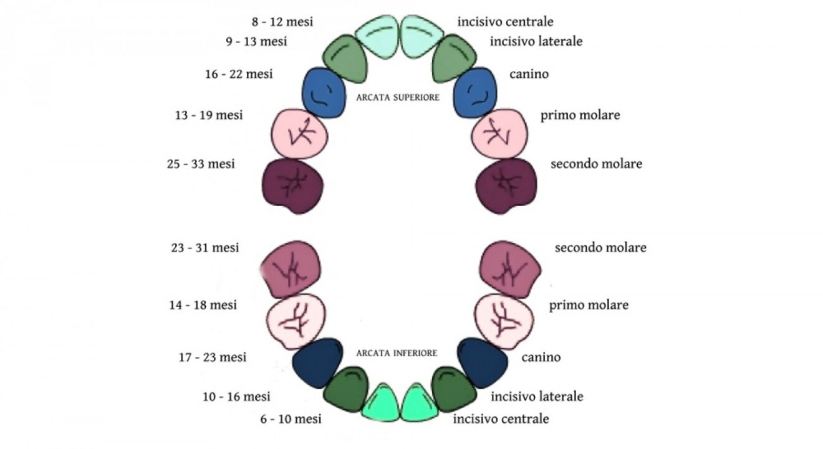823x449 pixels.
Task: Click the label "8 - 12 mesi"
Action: pyautogui.click(x=282, y=22)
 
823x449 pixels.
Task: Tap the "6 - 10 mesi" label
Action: pyautogui.click(x=291, y=418)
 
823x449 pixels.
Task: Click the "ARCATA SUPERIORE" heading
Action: pyautogui.click(x=398, y=98)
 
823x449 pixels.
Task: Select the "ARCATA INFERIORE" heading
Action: pyautogui.click(x=397, y=353)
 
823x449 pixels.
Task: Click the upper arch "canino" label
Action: pyautogui.click(x=529, y=74)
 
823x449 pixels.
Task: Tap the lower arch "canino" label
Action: pyautogui.click(x=541, y=357)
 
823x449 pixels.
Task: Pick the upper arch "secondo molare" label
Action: pyautogui.click(x=596, y=164)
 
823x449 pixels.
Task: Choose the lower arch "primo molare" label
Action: pyautogui.click(x=589, y=305)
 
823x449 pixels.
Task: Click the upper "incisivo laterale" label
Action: pyautogui.click(x=536, y=42)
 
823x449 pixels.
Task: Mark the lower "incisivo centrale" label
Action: pyautogui.click(x=501, y=418)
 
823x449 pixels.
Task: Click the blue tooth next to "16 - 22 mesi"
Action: pyautogui.click(x=323, y=93)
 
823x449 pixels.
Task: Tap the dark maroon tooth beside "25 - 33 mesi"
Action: pyautogui.click(x=292, y=186)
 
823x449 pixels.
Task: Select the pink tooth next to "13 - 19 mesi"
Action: pyautogui.click(x=300, y=133)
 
